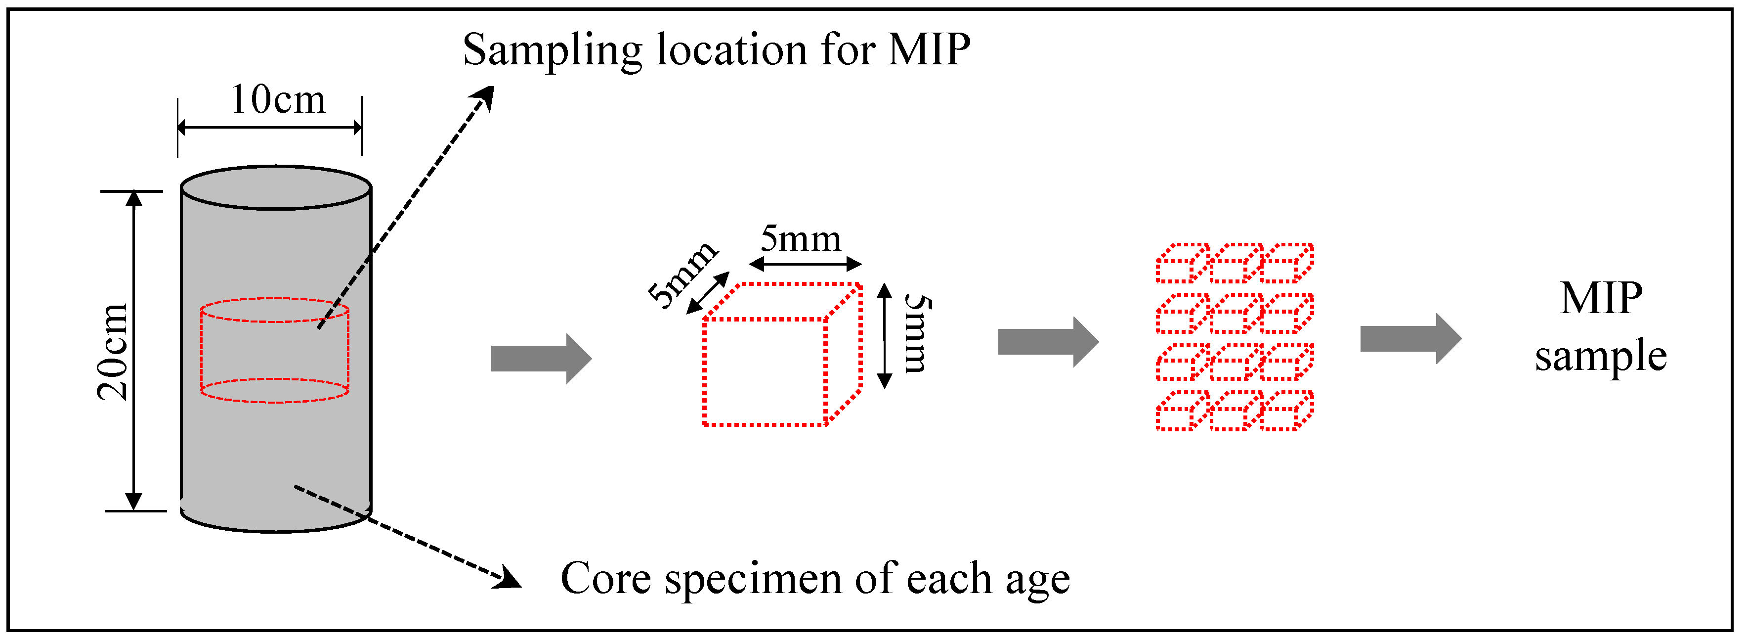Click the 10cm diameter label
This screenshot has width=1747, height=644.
pos(278,100)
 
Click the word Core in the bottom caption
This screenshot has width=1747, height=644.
pos(605,578)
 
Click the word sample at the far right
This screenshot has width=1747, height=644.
pos(1601,356)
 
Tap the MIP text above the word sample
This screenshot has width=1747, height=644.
pos(1601,299)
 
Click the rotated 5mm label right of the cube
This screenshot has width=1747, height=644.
pos(917,334)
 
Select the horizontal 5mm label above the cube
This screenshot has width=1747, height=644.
pos(800,239)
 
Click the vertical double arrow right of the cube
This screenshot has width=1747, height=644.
pos(884,336)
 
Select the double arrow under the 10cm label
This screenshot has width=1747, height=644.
pos(269,127)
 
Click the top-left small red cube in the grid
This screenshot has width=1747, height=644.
pos(1182,263)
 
